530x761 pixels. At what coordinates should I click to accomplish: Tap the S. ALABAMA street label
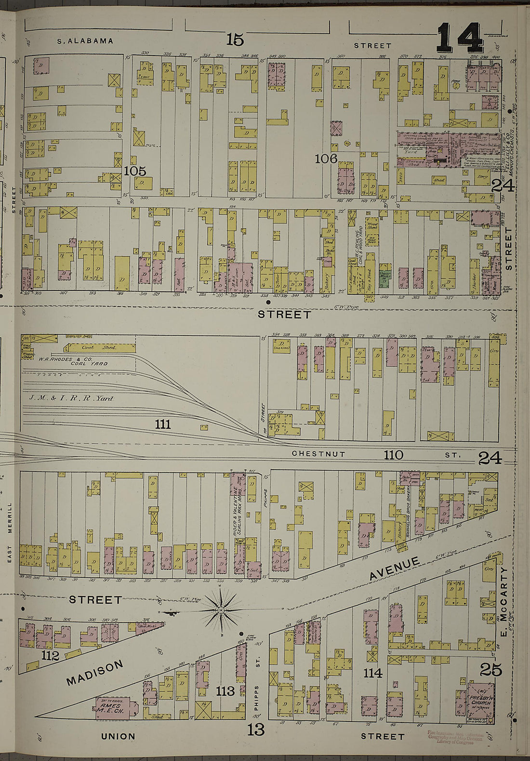(85, 41)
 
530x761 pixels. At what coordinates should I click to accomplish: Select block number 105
(134, 171)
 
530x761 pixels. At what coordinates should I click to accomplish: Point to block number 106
(326, 158)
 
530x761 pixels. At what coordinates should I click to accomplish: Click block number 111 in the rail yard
(163, 424)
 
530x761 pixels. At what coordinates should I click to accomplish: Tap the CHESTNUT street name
(318, 454)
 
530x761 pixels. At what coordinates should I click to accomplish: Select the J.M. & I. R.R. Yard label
(71, 398)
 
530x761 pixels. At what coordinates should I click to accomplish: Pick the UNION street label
(118, 736)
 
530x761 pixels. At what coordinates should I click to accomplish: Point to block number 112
(50, 655)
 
